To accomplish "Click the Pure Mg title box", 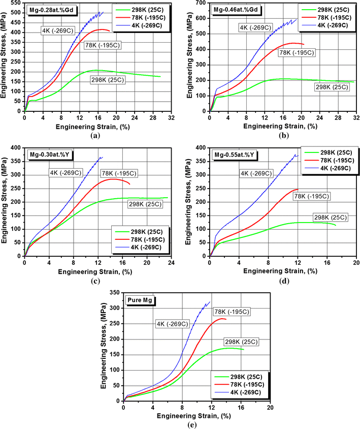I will [x=139, y=301].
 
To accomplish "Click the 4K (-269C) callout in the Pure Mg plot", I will [x=172, y=324].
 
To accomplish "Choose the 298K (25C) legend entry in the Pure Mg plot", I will [x=242, y=376].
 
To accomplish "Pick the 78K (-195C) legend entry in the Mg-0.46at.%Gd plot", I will [x=332, y=18].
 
